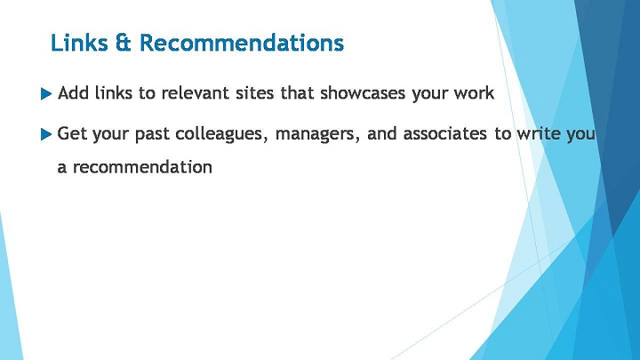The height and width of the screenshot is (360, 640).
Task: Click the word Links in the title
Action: point(79,43)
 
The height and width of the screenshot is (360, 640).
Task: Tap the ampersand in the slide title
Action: point(124,43)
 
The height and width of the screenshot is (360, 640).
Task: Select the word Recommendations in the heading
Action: point(242,43)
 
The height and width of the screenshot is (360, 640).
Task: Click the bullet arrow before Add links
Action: point(46,94)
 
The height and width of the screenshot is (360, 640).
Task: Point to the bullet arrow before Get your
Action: point(46,134)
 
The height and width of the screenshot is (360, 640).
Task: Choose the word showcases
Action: point(363,93)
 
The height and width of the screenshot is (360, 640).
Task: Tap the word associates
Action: point(445,133)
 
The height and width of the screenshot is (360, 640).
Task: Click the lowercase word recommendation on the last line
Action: point(142,167)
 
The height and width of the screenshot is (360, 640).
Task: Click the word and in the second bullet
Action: point(381,133)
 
